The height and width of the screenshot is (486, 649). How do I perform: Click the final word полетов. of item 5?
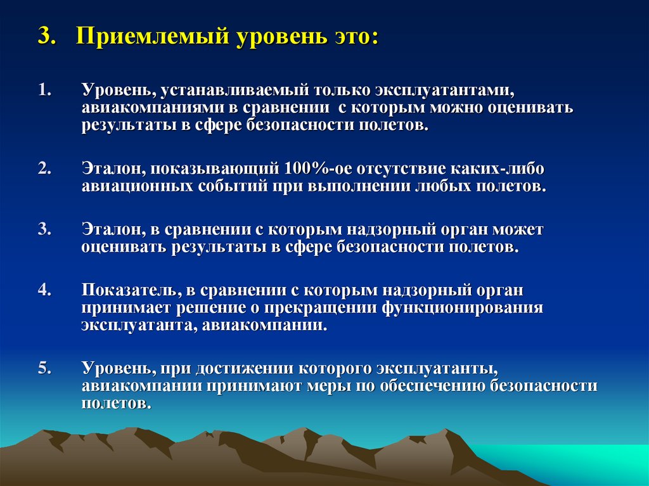(x=117, y=403)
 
